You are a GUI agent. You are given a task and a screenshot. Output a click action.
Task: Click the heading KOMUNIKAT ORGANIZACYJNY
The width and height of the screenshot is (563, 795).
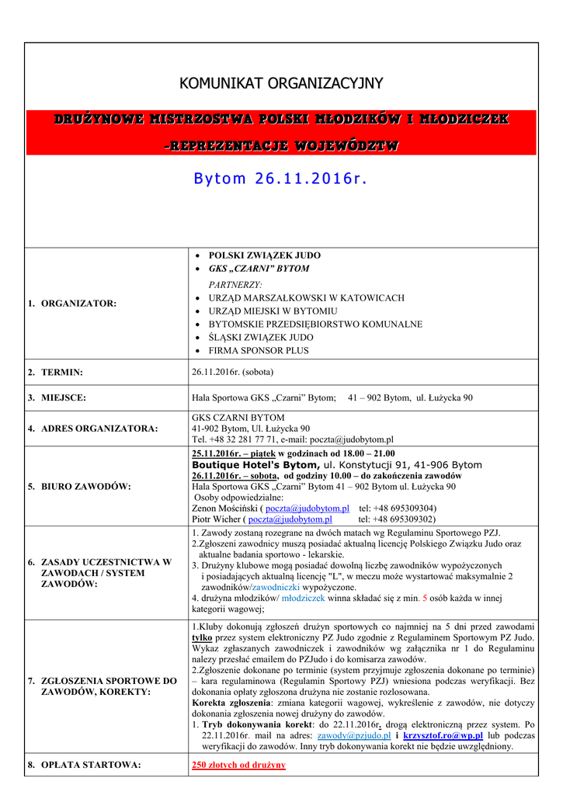(281, 83)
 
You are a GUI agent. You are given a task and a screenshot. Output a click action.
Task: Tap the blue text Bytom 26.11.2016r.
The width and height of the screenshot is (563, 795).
(280, 179)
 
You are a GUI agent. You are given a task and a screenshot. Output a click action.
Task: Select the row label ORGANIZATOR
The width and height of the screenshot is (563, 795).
(78, 304)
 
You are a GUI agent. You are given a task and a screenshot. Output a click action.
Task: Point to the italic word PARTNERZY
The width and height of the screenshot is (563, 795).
(235, 284)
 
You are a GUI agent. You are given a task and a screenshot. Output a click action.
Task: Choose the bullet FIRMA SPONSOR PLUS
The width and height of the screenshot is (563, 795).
(259, 350)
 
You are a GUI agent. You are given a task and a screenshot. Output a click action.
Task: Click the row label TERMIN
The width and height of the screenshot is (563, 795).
(62, 373)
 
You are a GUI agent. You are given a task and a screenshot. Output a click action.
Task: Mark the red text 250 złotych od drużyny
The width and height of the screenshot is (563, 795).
(238, 765)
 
